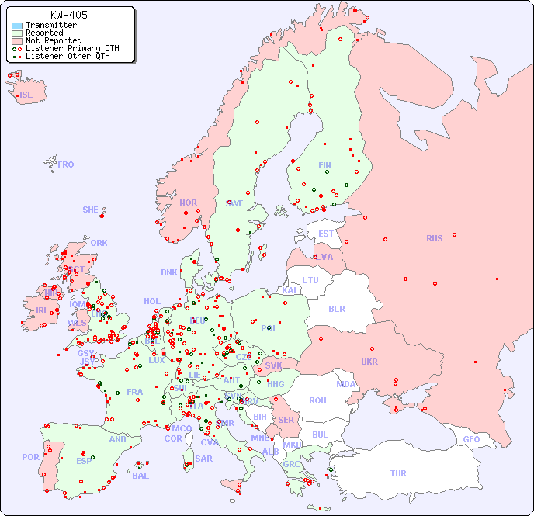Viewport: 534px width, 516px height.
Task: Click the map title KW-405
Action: (x=68, y=15)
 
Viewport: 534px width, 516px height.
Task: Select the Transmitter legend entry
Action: (x=50, y=26)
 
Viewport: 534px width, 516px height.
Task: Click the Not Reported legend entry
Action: (x=53, y=41)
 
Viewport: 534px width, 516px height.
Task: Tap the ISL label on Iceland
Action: (x=26, y=95)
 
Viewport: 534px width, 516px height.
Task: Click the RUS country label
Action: (x=434, y=238)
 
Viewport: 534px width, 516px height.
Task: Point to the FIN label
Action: (x=324, y=165)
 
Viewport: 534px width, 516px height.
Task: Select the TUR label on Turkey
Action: (x=398, y=473)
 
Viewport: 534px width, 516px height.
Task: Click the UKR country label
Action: (x=369, y=362)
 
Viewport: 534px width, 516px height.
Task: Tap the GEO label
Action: (x=471, y=439)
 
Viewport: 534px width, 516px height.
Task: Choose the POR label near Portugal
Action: (x=30, y=457)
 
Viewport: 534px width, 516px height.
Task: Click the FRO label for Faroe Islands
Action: (x=66, y=164)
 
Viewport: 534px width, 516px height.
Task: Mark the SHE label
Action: (x=91, y=210)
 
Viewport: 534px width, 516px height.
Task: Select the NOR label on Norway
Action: (x=188, y=203)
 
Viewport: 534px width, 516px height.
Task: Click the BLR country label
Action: (x=337, y=308)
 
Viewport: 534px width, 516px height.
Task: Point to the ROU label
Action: (x=317, y=400)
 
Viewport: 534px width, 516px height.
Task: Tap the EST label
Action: (x=326, y=234)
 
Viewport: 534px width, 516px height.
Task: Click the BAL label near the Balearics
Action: (x=140, y=476)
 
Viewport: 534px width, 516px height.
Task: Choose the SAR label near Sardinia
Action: (x=203, y=459)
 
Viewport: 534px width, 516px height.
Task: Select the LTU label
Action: (x=310, y=280)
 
